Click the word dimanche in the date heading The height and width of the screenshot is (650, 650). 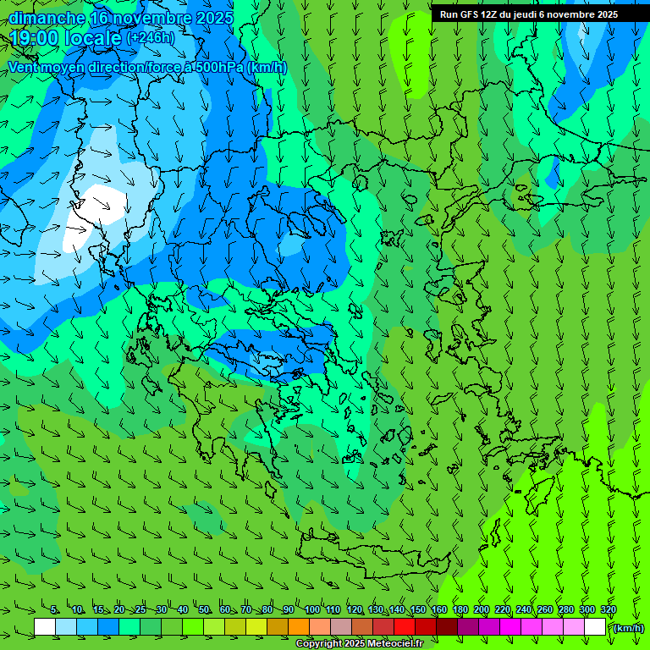47,18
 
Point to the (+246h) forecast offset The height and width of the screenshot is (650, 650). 150,37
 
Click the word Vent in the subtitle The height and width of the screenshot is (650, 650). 25,68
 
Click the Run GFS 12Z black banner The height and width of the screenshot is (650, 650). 528,14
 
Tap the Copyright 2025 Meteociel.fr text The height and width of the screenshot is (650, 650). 359,643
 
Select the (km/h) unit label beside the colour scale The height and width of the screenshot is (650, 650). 628,628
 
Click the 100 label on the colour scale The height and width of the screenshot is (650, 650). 311,609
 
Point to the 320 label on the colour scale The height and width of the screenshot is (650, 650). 609,609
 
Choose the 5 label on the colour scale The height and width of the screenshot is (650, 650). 54,609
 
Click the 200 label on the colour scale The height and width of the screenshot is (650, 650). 482,609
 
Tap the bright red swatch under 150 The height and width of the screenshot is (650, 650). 405,627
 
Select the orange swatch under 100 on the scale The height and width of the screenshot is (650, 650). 299,627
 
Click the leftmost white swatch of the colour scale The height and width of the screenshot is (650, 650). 45,627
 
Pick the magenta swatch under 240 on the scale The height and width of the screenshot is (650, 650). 510,627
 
